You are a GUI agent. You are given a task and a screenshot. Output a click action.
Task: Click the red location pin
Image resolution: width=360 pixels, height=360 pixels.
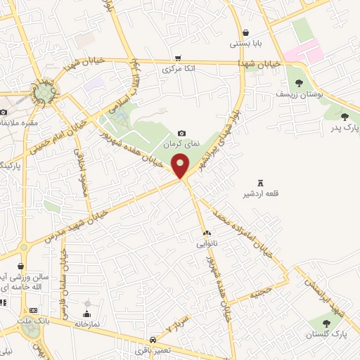181,166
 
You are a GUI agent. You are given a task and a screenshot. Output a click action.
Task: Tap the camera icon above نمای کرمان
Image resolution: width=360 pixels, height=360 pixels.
182,133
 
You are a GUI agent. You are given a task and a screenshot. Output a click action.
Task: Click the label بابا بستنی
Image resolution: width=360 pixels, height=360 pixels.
245,44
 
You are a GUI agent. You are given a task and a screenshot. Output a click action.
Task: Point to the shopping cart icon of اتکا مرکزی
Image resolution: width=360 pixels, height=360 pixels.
179,58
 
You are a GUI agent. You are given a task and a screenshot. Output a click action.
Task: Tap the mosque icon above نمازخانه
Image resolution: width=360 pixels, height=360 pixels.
86,314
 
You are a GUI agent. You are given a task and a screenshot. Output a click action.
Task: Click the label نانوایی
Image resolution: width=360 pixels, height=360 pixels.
207,243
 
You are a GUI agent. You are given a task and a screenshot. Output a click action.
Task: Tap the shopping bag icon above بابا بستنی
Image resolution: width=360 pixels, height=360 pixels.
245,32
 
